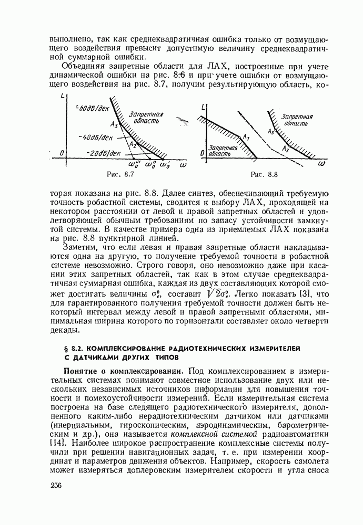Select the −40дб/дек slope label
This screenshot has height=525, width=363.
pos(96,138)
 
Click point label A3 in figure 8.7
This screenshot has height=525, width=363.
pos(115,124)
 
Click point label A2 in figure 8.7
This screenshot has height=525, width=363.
pos(133,144)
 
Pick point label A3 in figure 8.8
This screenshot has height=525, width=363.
pos(271,131)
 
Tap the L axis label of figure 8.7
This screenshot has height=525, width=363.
pos(63,96)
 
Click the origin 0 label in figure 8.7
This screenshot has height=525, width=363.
pos(62,153)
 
